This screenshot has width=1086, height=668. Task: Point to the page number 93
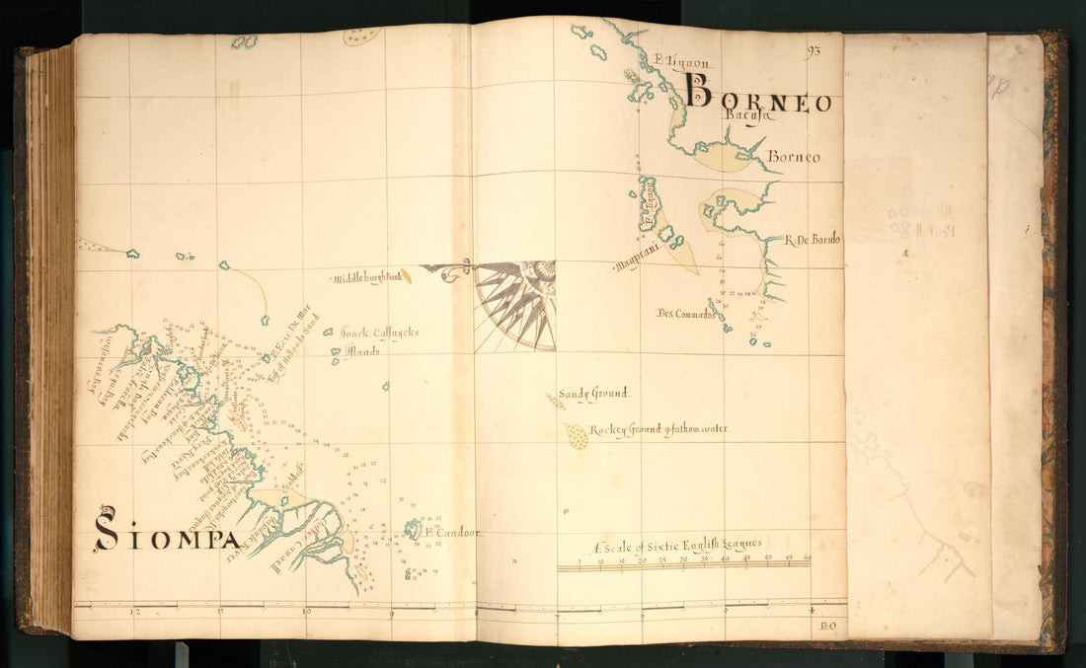[x=814, y=50]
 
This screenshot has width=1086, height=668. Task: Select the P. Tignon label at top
[x=681, y=61]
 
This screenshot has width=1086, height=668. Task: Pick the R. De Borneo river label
[x=814, y=239]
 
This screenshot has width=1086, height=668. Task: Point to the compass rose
[x=516, y=305]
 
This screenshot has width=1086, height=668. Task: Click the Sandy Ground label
[x=592, y=394]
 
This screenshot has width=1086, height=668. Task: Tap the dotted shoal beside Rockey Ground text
[x=576, y=435]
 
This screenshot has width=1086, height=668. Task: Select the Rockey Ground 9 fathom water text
[x=659, y=430]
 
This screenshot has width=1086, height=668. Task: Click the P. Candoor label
[x=451, y=532]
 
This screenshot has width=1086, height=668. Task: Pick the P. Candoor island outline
[x=412, y=530]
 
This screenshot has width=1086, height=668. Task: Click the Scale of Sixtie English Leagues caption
[x=676, y=545]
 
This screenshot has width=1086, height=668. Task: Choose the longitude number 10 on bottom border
[x=305, y=613]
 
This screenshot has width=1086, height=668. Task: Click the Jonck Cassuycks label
[x=379, y=333]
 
